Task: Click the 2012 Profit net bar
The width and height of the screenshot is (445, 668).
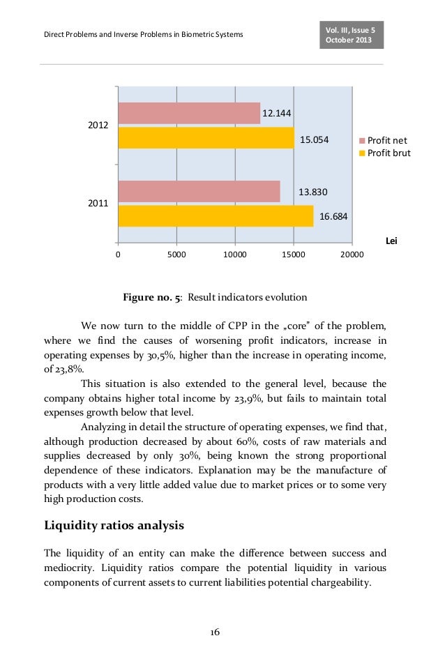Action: click(x=188, y=113)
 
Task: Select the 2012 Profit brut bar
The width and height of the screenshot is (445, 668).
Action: click(x=206, y=138)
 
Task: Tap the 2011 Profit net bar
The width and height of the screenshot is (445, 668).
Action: click(x=199, y=191)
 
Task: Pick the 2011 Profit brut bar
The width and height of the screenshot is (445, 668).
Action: click(x=216, y=216)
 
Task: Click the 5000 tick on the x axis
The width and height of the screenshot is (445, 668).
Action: click(x=176, y=255)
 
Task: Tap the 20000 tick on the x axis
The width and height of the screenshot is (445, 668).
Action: click(x=352, y=255)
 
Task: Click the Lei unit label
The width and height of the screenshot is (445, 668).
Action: click(x=391, y=240)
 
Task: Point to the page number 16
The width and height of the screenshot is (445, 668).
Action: click(x=215, y=632)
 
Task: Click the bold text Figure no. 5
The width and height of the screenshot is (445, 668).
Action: click(x=152, y=297)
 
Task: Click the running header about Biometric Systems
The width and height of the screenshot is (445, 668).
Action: click(x=144, y=34)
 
